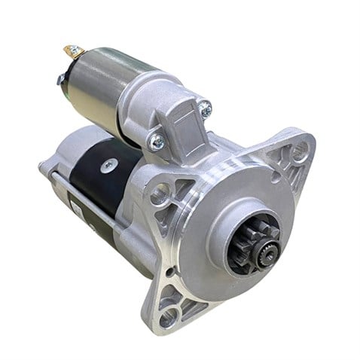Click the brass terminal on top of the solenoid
point(74,52)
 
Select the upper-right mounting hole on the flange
point(301,153)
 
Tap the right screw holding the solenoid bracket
point(206,111)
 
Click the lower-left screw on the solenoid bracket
point(157,140)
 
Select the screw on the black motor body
point(108,163)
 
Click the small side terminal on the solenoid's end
point(61,78)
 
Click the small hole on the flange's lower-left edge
point(168,271)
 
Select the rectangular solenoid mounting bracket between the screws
point(181,121)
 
